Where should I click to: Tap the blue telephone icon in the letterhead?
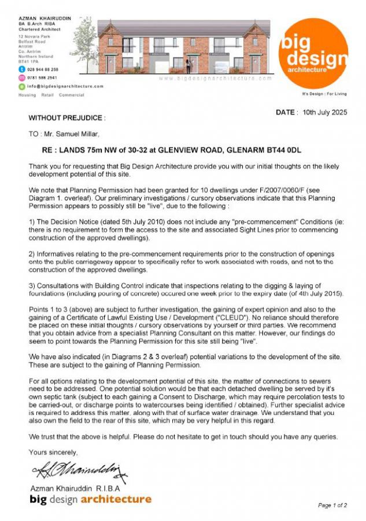coord(22,69)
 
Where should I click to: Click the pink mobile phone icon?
coord(22,77)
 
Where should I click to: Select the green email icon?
coord(22,86)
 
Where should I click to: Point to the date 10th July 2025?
coord(325,113)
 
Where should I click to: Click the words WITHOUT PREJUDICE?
coord(66,118)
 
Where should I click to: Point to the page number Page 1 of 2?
coord(332,505)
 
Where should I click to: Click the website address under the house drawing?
coord(214,78)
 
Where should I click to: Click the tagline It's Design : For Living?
coord(324,93)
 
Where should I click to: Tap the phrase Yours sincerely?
coord(53,452)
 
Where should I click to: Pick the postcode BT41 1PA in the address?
coord(28,60)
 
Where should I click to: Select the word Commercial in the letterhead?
coord(72,95)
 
